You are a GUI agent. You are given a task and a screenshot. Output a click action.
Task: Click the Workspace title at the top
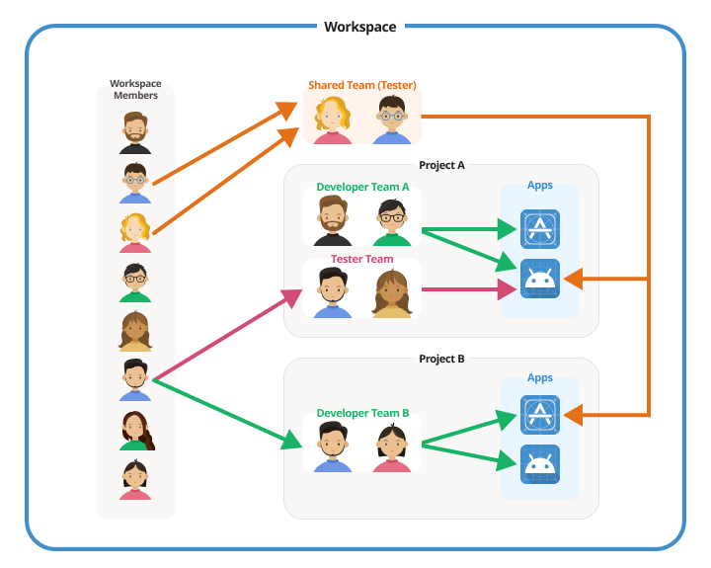tap(359, 27)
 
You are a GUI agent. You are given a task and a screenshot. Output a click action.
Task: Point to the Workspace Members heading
tap(135, 90)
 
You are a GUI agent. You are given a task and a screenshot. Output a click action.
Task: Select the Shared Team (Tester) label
tap(362, 85)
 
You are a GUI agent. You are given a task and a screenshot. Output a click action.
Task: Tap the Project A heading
tap(441, 165)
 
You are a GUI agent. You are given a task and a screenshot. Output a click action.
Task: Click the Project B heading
tap(441, 359)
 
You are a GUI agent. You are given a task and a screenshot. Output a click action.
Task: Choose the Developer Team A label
tap(362, 187)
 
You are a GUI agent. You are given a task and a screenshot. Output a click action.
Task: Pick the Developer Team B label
tap(362, 413)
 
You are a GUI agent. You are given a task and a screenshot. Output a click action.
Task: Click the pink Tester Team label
tap(362, 259)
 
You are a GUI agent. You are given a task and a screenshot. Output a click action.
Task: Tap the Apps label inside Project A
tap(540, 186)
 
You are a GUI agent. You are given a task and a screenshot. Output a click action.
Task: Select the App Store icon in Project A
tap(540, 229)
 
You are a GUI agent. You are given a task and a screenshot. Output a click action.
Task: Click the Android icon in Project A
tap(540, 280)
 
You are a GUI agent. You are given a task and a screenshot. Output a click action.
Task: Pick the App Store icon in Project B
tap(540, 415)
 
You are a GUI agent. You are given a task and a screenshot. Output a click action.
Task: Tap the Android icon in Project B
tap(540, 464)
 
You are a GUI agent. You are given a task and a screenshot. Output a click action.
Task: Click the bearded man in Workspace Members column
tap(135, 132)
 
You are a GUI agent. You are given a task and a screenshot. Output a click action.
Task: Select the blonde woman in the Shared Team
tap(333, 122)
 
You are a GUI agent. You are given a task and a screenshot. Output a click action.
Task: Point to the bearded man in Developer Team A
tap(333, 220)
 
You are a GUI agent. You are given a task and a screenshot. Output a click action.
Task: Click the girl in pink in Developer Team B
tap(392, 447)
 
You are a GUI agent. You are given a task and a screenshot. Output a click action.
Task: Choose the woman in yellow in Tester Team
tap(392, 293)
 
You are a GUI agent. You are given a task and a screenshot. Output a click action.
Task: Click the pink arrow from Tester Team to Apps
tap(464, 290)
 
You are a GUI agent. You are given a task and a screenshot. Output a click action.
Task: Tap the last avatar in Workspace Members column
tap(135, 479)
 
